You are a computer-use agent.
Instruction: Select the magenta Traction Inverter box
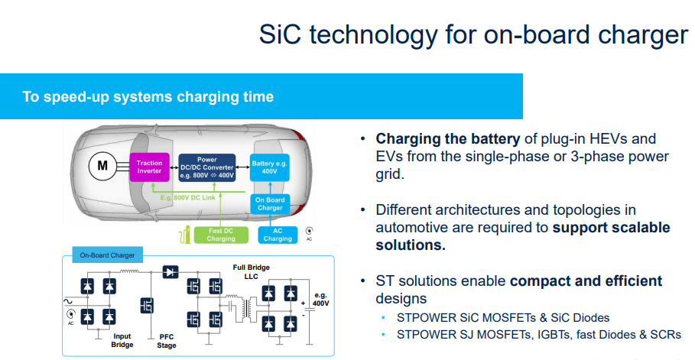pos(150,167)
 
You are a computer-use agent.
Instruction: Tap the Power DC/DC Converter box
pos(206,167)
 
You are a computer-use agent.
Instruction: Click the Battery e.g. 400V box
pos(268,167)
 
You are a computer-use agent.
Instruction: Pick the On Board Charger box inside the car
pos(269,203)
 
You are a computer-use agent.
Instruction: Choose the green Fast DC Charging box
pos(221,235)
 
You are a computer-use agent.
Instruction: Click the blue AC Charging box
pos(278,235)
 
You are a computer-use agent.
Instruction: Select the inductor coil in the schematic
pos(131,271)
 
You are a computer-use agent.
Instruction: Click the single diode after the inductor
pos(170,271)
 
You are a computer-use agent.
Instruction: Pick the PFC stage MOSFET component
pos(145,305)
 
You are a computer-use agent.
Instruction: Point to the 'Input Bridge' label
pos(122,339)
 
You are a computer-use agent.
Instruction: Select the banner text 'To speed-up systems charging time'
pos(148,97)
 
